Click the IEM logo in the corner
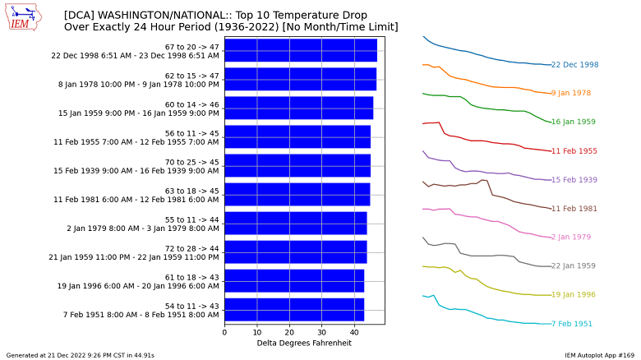coord(24,17)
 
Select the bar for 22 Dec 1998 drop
coord(300,51)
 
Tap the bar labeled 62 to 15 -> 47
coord(300,80)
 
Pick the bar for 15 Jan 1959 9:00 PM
coord(298,108)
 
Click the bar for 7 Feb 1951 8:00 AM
coord(293,310)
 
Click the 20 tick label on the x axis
coord(289,332)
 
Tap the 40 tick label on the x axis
coord(354,332)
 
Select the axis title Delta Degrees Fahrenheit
coord(304,343)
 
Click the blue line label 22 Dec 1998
coord(574,65)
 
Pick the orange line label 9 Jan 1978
coord(571,94)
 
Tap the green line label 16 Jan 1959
coord(574,122)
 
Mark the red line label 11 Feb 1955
coord(574,151)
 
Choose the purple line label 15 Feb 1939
coord(574,180)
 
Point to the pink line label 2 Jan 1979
coord(571,238)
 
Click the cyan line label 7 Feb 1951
coord(571,324)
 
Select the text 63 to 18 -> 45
coord(192,191)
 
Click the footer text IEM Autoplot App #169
coord(600,355)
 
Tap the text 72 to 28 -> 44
coord(192,248)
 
